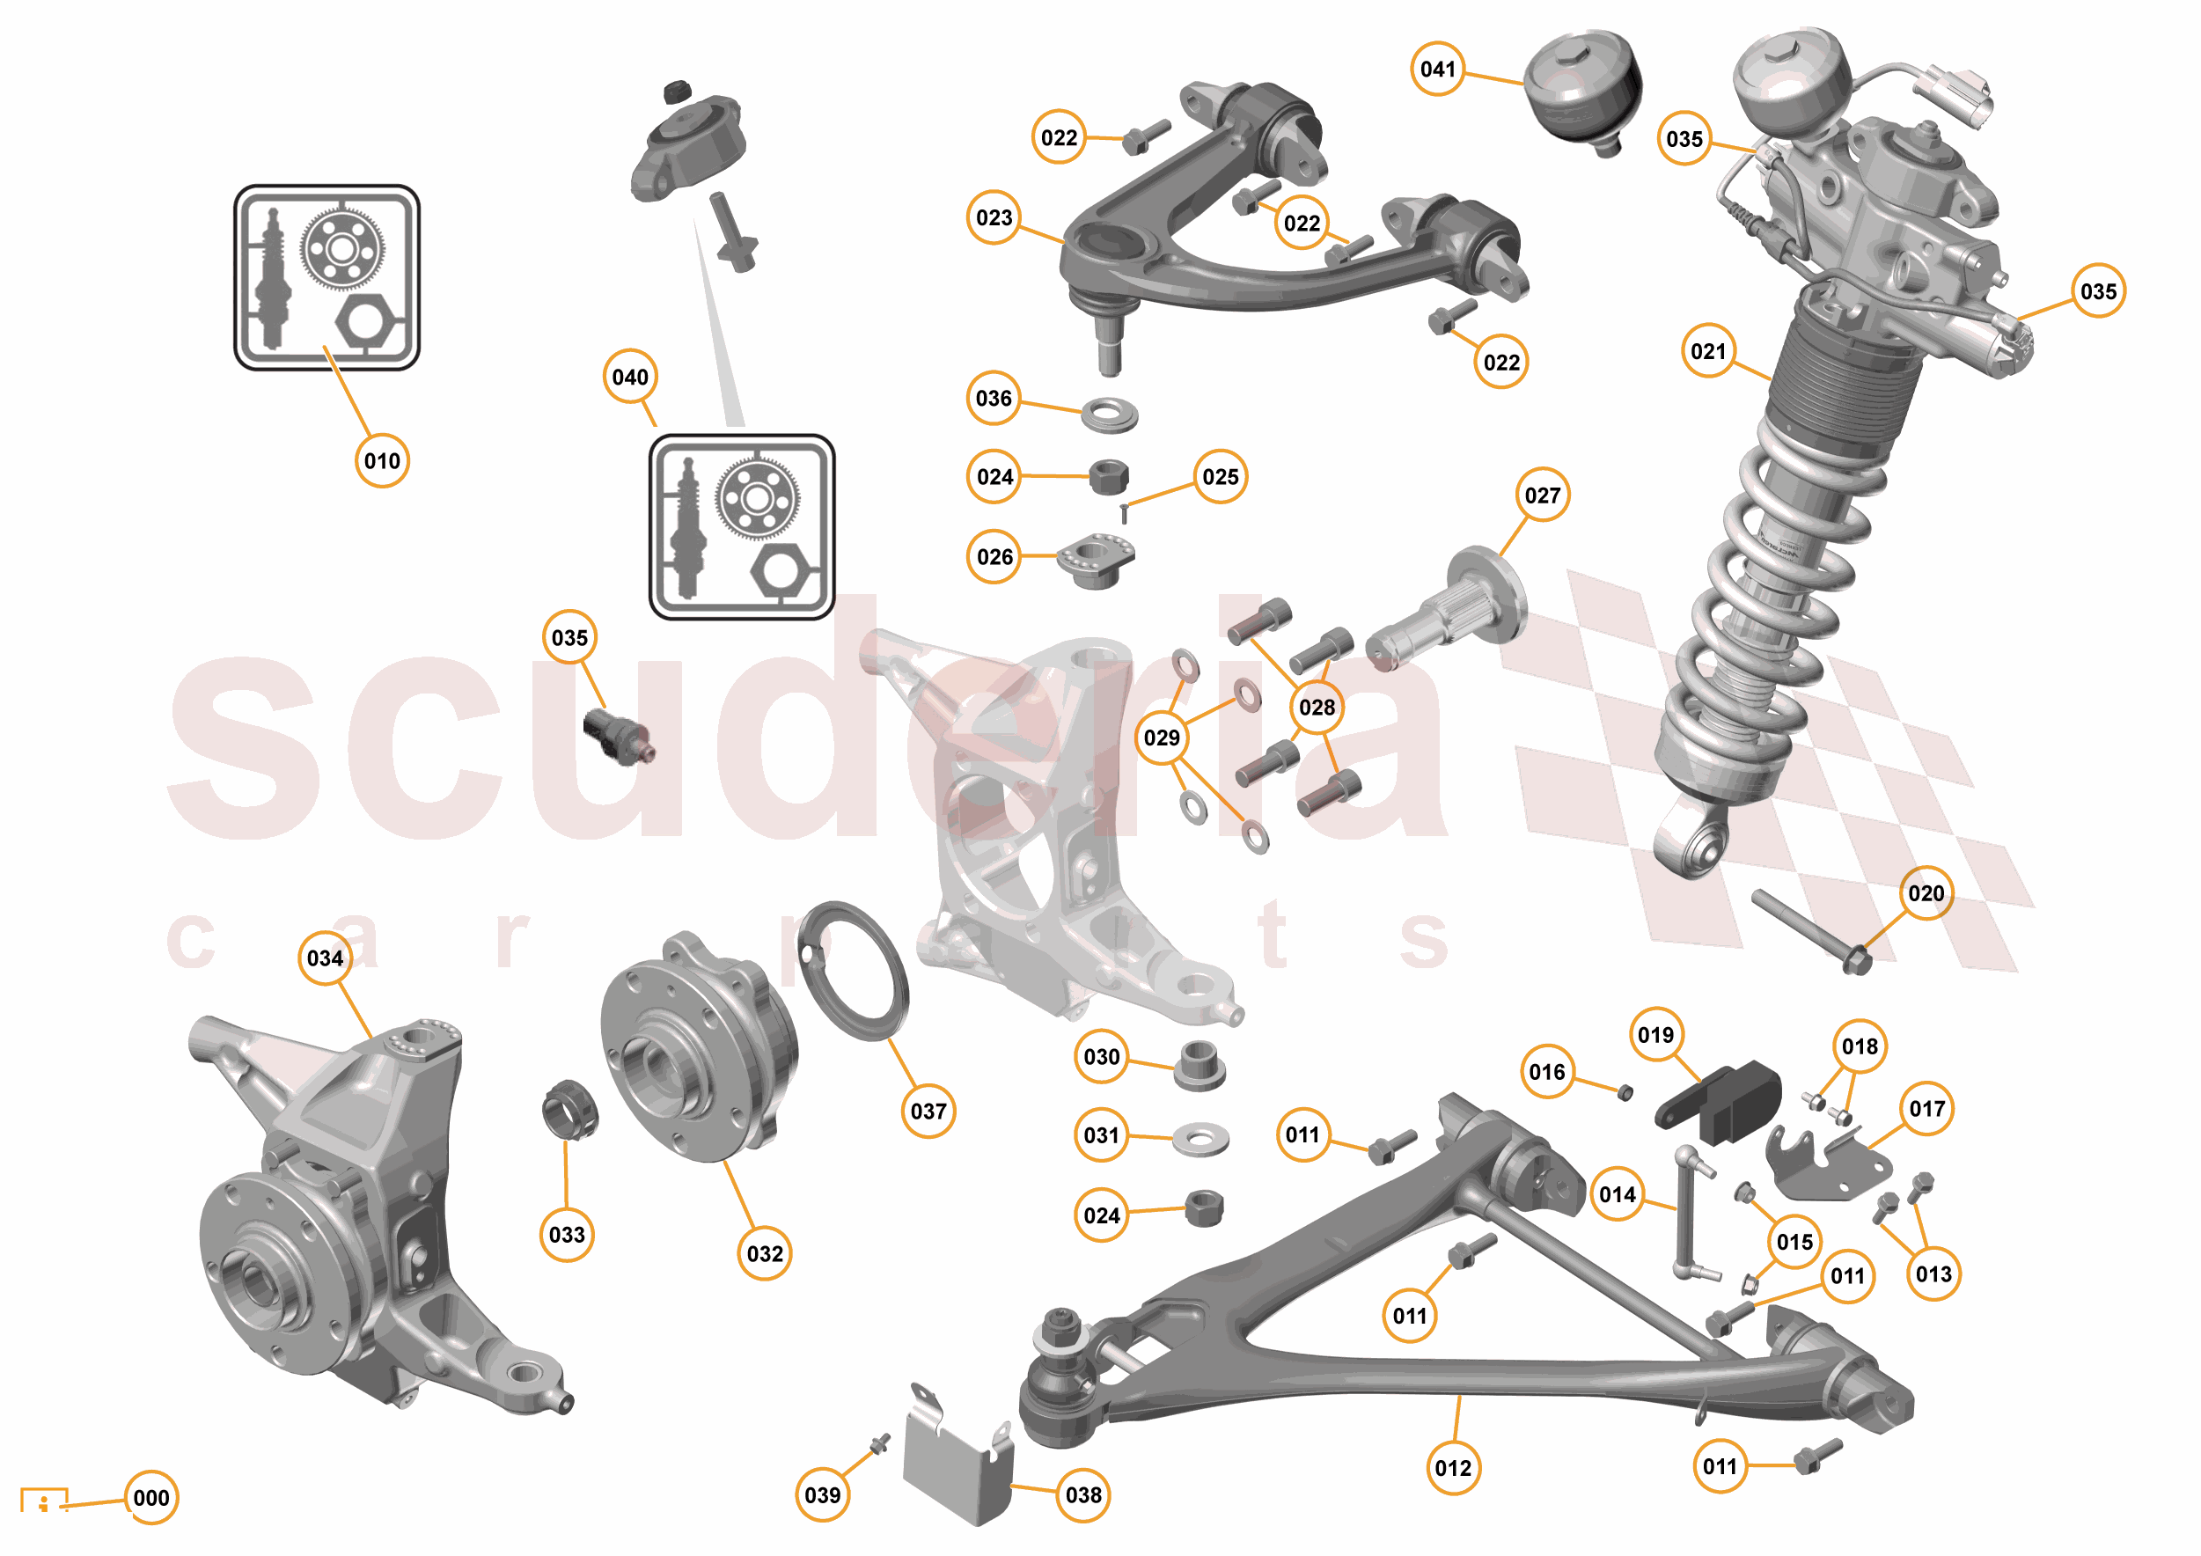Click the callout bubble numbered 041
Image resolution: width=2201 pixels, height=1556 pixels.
(x=1437, y=69)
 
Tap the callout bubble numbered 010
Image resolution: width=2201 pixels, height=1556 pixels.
(x=382, y=461)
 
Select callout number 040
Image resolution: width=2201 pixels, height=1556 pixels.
(x=630, y=377)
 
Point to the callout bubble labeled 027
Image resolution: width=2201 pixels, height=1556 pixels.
(x=1543, y=495)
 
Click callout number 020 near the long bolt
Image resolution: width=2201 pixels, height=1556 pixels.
(x=1926, y=893)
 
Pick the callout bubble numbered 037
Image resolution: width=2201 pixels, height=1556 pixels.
(x=928, y=1112)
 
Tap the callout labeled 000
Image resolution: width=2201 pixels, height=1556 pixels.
(x=151, y=1498)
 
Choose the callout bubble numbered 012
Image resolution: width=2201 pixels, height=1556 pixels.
(x=1453, y=1468)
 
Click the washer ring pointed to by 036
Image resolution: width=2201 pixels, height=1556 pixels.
(x=1110, y=415)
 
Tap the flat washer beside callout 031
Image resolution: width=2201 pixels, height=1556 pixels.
(x=1200, y=1138)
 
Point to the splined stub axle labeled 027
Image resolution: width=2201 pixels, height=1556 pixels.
(x=1448, y=612)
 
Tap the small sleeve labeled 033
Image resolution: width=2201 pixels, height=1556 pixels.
(x=569, y=1109)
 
